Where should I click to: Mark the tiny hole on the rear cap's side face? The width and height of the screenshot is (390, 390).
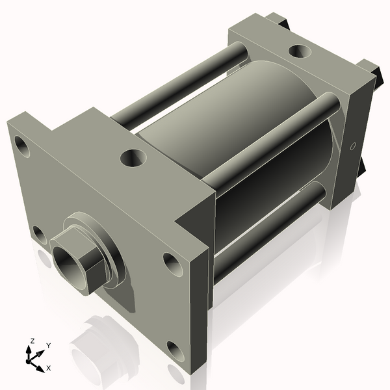pyautogui.click(x=352, y=147)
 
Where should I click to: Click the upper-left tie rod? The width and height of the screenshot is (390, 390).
pyautogui.click(x=175, y=84)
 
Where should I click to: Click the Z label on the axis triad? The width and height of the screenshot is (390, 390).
pyautogui.click(x=32, y=340)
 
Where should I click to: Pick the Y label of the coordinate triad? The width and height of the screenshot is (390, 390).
pyautogui.click(x=48, y=346)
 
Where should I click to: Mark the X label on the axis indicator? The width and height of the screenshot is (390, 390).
pyautogui.click(x=48, y=368)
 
